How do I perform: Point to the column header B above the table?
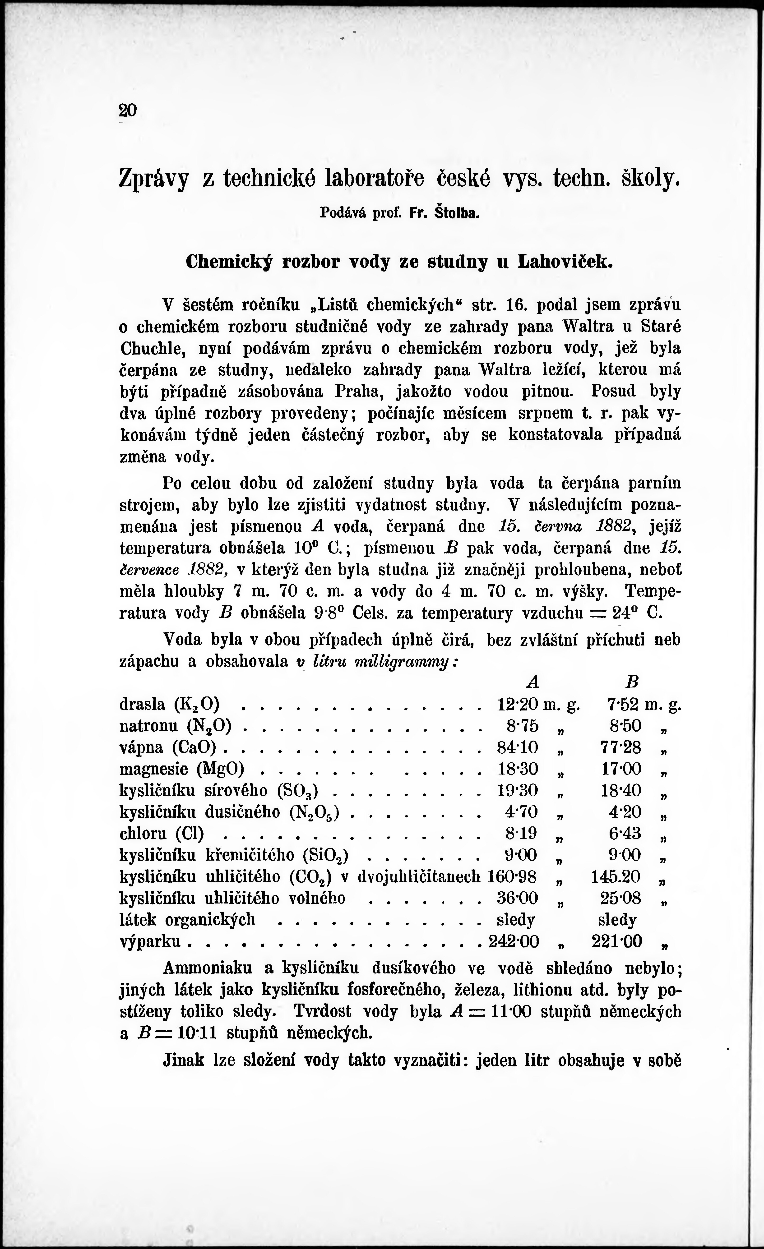tap(632, 682)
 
